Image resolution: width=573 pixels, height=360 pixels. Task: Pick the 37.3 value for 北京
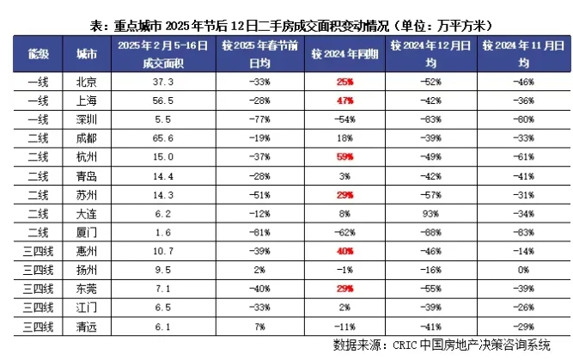point(163,82)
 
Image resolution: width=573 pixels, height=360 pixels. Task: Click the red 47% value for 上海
point(344,99)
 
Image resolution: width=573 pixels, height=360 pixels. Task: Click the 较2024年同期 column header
point(344,53)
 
